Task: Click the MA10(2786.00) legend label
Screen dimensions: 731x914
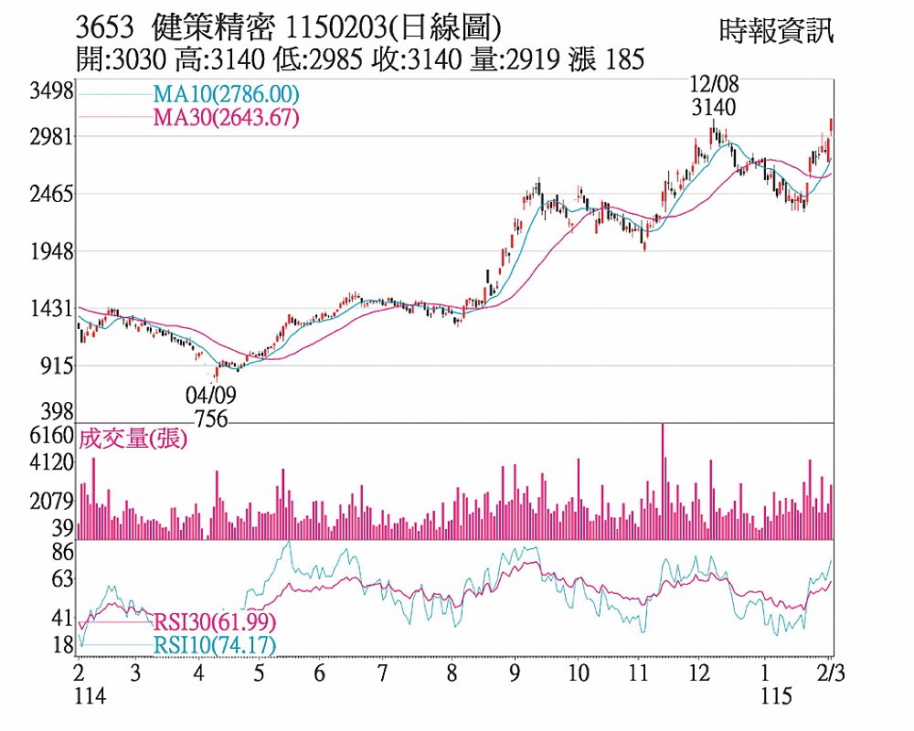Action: [x=225, y=94]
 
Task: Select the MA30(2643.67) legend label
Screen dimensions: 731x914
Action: [x=225, y=117]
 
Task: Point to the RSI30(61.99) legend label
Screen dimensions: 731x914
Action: [x=214, y=623]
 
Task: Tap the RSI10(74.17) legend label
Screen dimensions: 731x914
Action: [x=214, y=646]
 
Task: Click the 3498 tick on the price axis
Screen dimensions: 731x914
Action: [x=50, y=91]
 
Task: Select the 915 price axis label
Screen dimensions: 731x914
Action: [x=57, y=365]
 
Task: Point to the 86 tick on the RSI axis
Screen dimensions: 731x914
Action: [x=62, y=551]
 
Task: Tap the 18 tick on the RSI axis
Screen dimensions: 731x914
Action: [x=62, y=646]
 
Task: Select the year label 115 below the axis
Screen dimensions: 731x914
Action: [x=776, y=697]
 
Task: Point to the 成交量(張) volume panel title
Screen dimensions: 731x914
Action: [x=133, y=440]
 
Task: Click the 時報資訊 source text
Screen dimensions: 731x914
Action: [x=777, y=33]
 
